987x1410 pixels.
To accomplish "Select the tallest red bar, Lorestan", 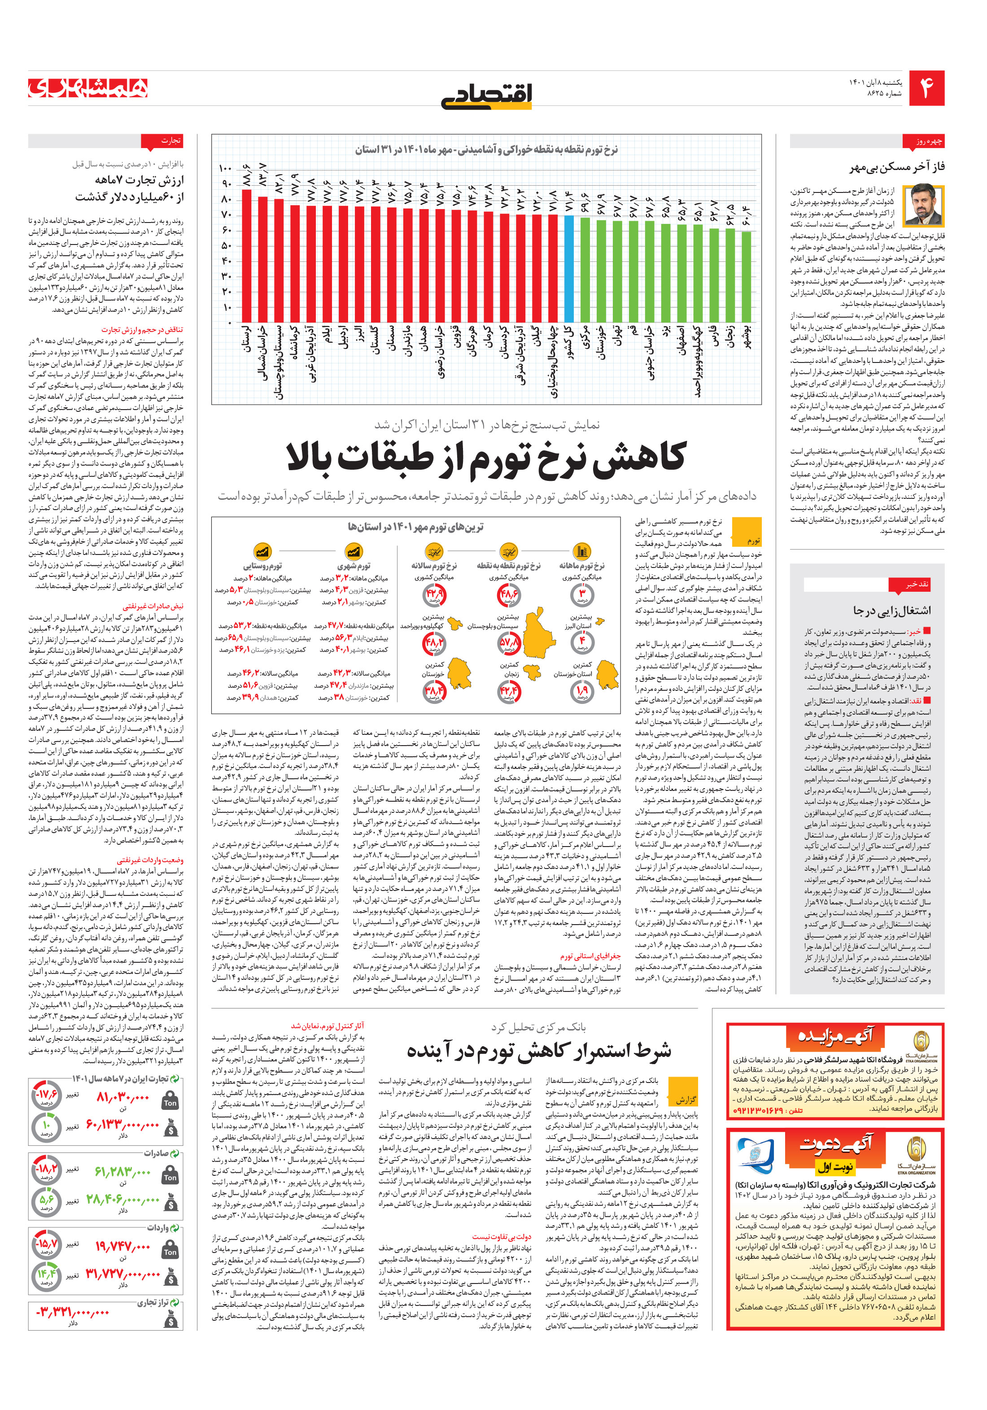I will [246, 255].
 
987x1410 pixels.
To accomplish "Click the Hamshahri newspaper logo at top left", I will [88, 87].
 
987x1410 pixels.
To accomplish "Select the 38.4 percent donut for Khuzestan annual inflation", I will [434, 691].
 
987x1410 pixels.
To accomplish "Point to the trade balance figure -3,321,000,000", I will [74, 1312].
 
